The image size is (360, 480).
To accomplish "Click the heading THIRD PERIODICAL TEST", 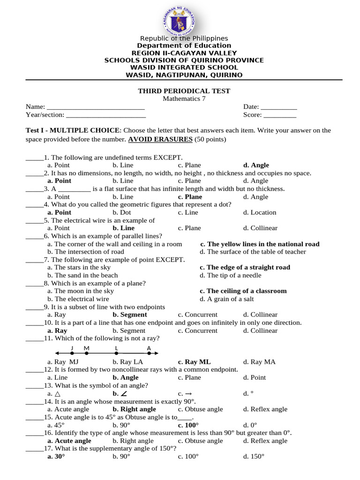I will (184, 91).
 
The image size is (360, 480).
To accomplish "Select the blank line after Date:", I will (279, 107).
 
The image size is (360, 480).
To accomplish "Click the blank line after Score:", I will (280, 115).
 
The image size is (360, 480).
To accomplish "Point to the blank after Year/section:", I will (105, 115).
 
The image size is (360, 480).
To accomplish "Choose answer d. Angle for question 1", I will (256, 165).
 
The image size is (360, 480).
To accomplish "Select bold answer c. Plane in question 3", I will (190, 197).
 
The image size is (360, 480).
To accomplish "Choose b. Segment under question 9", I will (130, 315).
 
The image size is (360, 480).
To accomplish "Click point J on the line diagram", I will (72, 352).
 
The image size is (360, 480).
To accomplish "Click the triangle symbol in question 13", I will (57, 393).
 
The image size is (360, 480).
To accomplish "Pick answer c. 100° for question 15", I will (188, 425).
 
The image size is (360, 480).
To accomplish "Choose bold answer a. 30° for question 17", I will (56, 456).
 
